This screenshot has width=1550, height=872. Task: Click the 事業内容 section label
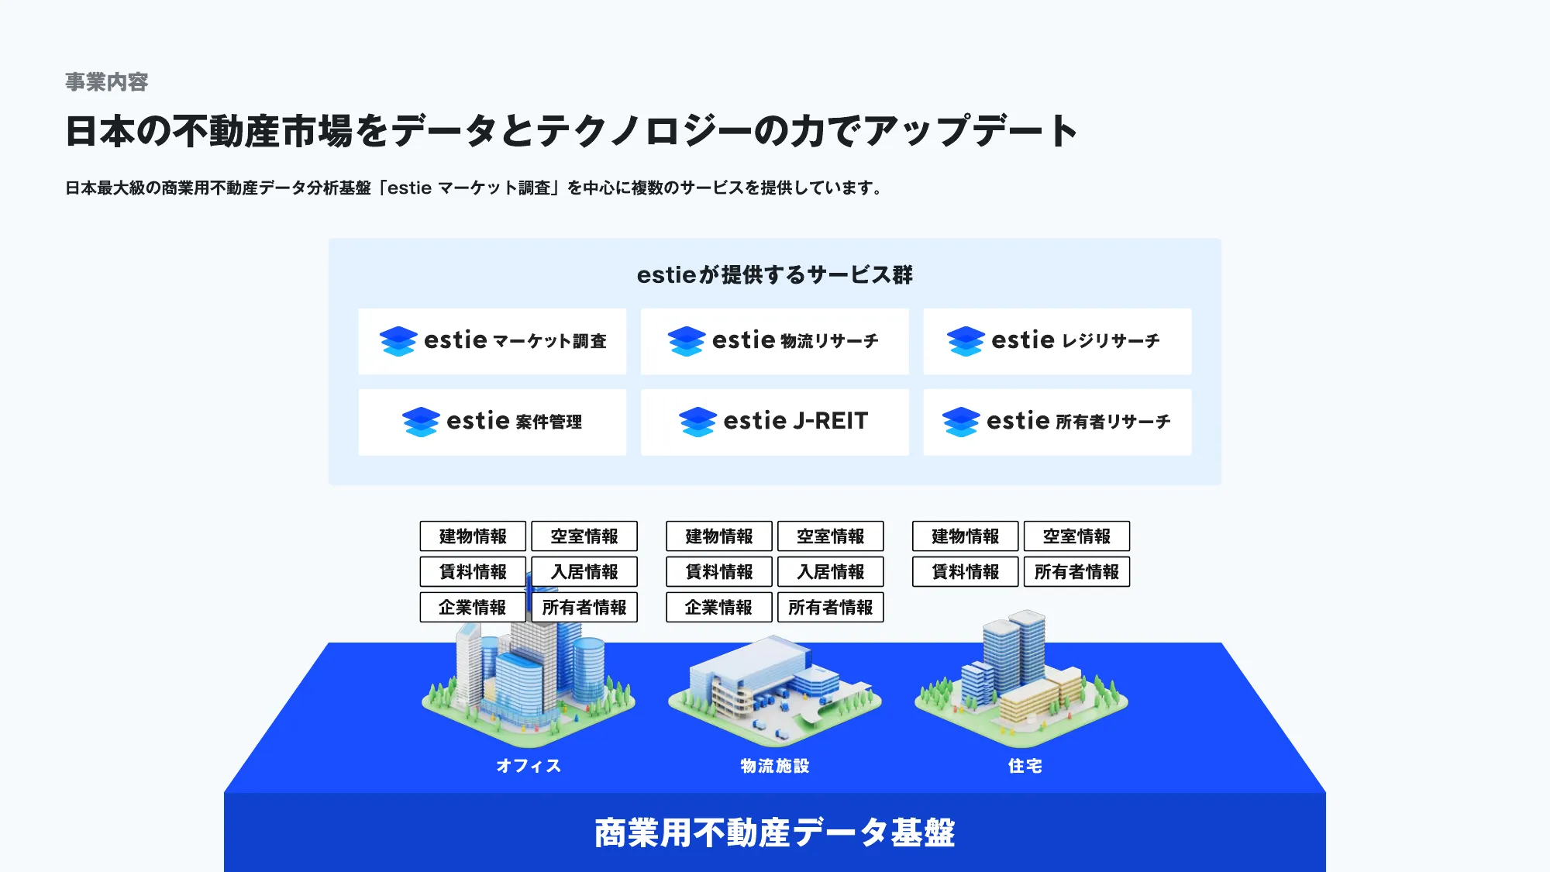(106, 82)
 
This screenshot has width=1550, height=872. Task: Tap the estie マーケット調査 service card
(492, 341)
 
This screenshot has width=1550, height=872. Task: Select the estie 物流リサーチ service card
(774, 341)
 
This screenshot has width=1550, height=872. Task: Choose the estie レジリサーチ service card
(1057, 341)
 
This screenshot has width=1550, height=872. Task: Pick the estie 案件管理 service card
(492, 422)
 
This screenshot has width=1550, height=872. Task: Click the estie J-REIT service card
(774, 422)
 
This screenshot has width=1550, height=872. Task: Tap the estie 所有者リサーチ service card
(1057, 422)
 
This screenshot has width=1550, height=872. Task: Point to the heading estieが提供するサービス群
(774, 275)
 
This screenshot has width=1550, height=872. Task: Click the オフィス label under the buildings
(529, 766)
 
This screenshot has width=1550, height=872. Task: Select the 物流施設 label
(774, 766)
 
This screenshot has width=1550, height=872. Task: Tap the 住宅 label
(1025, 766)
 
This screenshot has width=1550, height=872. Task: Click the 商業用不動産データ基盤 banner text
(774, 833)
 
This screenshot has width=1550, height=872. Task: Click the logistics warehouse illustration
(774, 686)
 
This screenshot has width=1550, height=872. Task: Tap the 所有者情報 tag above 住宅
(1076, 572)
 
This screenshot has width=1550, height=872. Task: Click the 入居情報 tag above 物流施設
(830, 572)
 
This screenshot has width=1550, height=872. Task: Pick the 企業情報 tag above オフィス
(473, 608)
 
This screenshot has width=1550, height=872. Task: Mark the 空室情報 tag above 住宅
(1076, 536)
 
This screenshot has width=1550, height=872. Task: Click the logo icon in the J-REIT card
(697, 422)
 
